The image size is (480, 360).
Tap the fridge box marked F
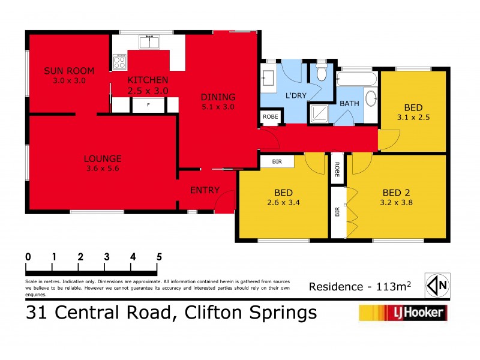(148, 105)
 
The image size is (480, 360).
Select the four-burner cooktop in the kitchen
(119, 62)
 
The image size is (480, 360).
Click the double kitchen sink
(149, 43)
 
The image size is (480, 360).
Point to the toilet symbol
(322, 73)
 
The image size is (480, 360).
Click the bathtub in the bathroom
(356, 80)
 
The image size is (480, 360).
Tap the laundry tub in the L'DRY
(268, 78)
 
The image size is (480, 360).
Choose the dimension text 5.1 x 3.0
(217, 107)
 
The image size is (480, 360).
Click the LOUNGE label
(103, 159)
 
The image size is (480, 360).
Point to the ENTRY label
(203, 190)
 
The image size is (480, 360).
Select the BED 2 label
(397, 193)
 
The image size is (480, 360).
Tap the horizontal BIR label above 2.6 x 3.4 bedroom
(277, 161)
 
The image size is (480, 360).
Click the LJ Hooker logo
(403, 312)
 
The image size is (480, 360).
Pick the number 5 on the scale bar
(159, 257)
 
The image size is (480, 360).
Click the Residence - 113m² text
(360, 286)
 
